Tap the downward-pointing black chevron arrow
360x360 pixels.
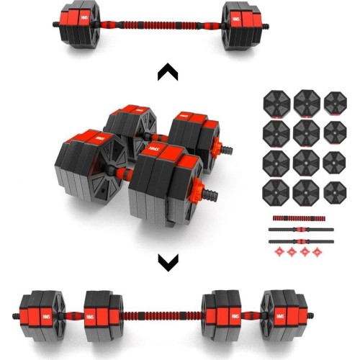(168, 263)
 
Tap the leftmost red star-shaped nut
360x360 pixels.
(278, 252)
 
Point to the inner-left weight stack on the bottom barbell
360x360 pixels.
(104, 313)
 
